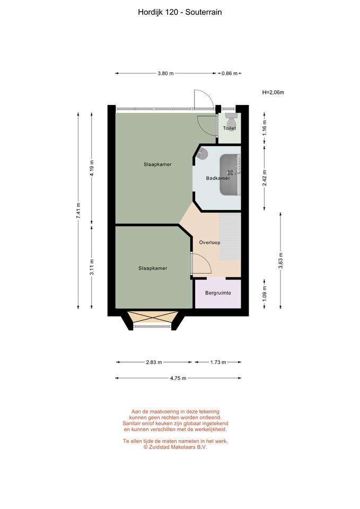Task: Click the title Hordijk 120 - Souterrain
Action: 180,12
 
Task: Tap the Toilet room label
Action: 230,128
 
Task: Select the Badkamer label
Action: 218,178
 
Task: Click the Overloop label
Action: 210,242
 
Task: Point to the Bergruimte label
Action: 218,293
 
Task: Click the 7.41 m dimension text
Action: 78,210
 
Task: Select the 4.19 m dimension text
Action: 92,169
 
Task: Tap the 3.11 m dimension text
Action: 92,267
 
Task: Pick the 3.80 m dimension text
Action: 165,73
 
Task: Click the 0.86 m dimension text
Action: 230,73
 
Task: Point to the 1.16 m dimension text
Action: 265,128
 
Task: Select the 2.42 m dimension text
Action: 265,178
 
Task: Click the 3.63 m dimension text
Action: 281,260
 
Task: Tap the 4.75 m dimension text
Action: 178,378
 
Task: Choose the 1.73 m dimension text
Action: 218,362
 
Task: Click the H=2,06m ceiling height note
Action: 273,92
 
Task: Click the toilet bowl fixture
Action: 232,118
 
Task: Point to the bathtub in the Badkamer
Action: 230,175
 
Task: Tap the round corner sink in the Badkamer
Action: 203,153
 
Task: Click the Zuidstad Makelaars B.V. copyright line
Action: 175,447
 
